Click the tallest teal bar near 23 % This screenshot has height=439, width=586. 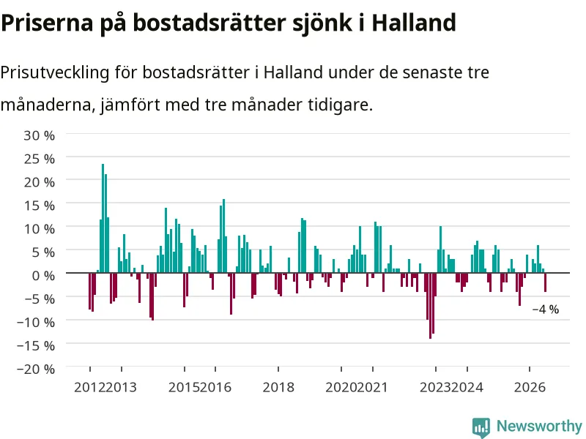103,218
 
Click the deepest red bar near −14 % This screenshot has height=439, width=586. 430,306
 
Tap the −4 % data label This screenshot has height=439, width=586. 545,309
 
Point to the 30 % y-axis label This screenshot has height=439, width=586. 40,135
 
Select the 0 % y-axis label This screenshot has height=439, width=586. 43,276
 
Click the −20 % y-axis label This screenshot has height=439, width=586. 36,369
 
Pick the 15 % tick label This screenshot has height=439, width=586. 40,206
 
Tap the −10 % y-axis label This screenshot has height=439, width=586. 36,323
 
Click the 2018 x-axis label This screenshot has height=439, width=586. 278,387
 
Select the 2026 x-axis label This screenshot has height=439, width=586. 530,387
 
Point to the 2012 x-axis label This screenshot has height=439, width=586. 89,387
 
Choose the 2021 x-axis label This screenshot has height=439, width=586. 372,387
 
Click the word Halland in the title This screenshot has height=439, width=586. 414,23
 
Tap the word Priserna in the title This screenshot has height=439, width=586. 47,23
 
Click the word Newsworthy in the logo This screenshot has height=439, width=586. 539,426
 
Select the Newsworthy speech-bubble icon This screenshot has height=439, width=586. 481,427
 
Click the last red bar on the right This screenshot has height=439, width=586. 545,282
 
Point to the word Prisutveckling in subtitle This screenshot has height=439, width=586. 54,72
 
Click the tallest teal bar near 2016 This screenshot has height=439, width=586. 223,236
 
